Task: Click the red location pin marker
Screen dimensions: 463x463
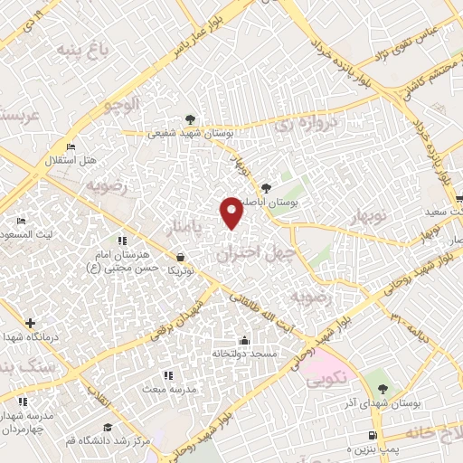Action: coord(231,213)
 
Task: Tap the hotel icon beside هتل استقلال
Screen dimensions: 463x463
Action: coord(71,147)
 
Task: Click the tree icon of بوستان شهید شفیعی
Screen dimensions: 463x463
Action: coord(189,118)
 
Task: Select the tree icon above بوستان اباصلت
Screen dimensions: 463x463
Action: coord(265,188)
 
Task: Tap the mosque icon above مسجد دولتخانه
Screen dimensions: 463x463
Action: coord(244,340)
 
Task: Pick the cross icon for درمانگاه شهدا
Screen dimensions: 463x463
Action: coord(31,323)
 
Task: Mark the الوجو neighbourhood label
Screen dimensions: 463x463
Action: coord(119,106)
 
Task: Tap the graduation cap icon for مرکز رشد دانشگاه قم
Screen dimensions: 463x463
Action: coord(109,427)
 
